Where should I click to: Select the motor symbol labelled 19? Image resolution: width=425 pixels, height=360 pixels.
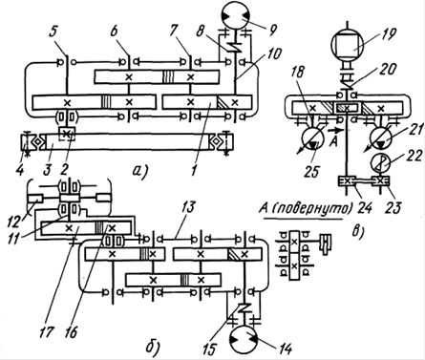coord(348,44)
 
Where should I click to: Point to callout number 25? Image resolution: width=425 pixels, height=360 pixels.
coord(312,171)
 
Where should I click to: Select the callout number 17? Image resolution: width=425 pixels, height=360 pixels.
coord(46,332)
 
